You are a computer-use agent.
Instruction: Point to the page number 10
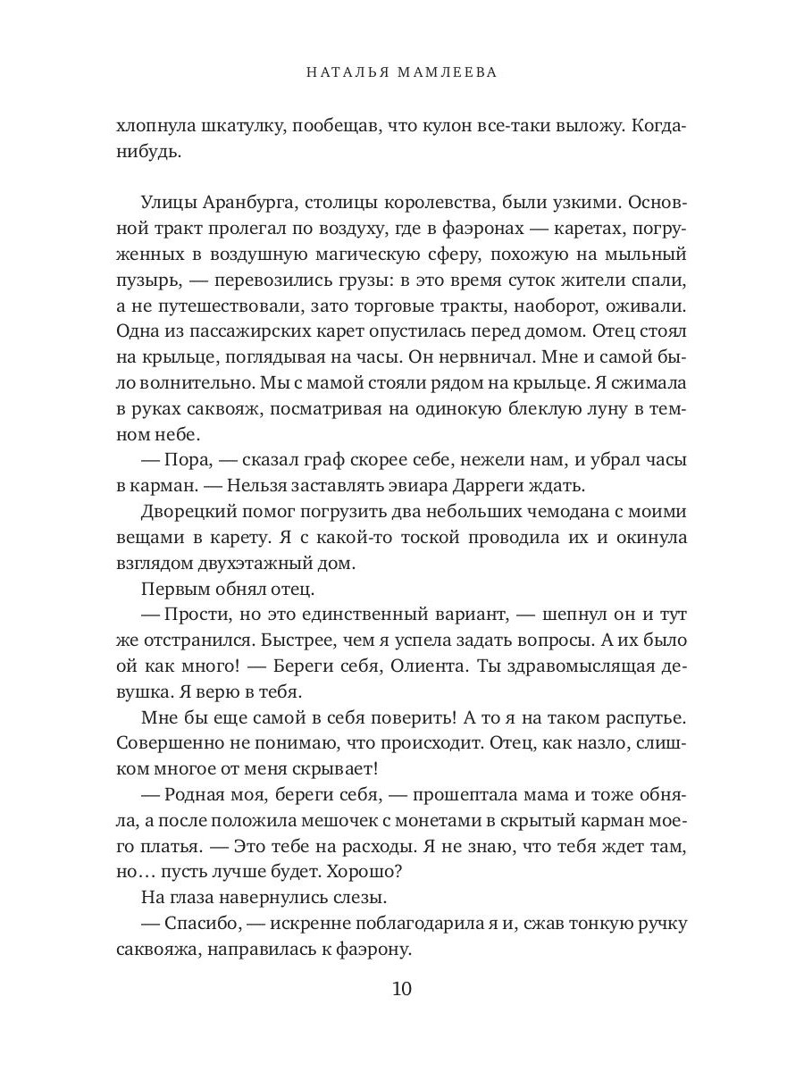point(401,989)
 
